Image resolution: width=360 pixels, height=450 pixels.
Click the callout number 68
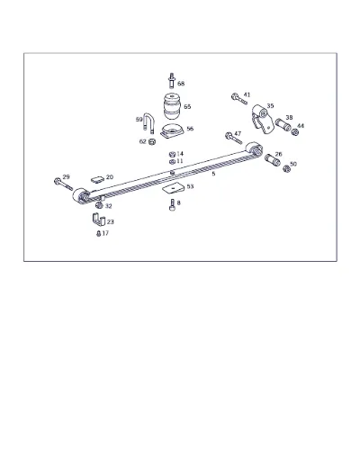[181, 84]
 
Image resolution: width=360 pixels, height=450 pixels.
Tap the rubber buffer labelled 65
[173, 107]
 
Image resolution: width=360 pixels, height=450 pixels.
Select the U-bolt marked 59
[148, 122]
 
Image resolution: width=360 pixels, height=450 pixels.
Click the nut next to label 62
[152, 141]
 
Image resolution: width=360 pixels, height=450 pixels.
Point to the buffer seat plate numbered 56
[172, 131]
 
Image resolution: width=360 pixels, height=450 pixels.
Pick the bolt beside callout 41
[239, 99]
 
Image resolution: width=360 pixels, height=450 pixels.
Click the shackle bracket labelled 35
[263, 120]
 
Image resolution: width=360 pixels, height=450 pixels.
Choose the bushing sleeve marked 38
[283, 125]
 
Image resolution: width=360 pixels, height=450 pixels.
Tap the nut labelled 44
[295, 132]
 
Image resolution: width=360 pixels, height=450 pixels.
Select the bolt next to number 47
[234, 139]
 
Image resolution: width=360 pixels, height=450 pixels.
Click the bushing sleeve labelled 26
[273, 160]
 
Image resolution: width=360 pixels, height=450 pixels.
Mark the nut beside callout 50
[287, 169]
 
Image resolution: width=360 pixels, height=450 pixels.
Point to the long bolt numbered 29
[63, 184]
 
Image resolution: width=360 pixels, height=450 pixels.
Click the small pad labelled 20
[97, 179]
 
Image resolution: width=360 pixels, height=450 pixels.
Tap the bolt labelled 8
[172, 205]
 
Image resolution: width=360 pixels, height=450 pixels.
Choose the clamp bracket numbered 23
[98, 220]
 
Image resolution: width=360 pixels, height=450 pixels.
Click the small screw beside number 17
[98, 233]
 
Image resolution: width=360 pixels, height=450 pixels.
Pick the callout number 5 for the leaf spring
[213, 174]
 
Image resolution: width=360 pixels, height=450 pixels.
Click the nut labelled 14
[172, 155]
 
